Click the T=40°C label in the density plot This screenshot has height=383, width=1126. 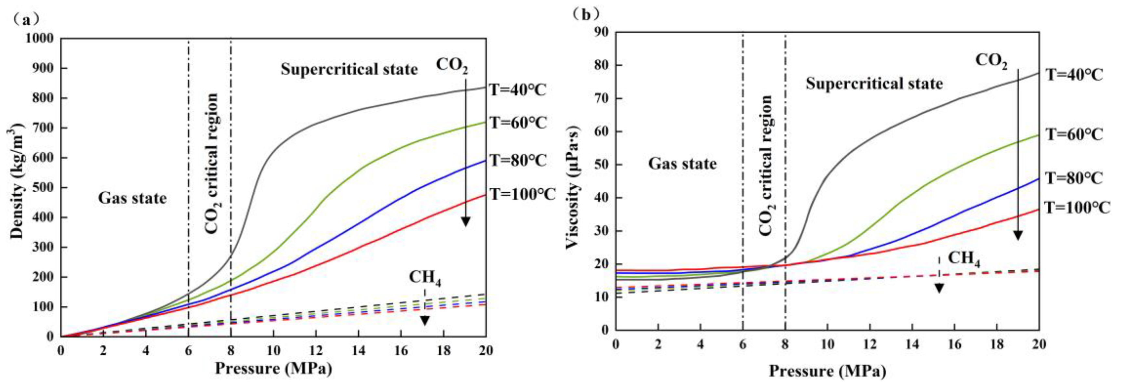518,90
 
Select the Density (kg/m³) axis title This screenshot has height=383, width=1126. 16,184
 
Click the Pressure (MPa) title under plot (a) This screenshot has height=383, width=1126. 273,368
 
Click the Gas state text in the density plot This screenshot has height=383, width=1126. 132,198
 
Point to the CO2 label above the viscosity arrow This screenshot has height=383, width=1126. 991,61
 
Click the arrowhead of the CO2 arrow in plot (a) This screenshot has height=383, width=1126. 466,222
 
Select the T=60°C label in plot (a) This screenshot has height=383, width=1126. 518,123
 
